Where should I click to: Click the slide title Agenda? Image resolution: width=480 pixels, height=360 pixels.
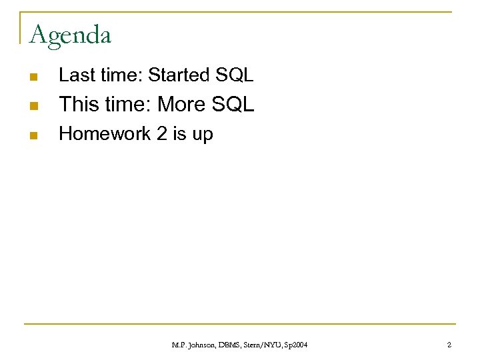click(x=70, y=34)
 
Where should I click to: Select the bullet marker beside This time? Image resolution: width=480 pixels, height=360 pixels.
click(x=33, y=106)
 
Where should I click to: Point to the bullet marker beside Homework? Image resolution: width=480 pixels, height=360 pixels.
click(x=33, y=135)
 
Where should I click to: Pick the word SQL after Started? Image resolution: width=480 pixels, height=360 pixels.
click(x=234, y=75)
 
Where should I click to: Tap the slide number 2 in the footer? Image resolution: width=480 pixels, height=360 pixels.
click(x=449, y=344)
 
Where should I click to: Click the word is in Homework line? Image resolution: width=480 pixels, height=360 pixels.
click(x=179, y=134)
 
